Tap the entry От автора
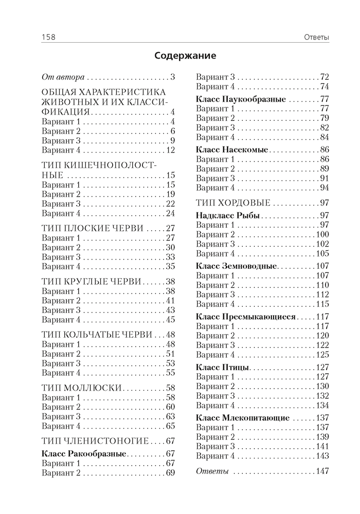pos(63,77)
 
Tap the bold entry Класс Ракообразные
pos(83,454)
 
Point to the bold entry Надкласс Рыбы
pos(228,215)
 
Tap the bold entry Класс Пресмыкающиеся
pos(246,317)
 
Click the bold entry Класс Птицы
pos(223,368)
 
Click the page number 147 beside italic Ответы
pos(322,471)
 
